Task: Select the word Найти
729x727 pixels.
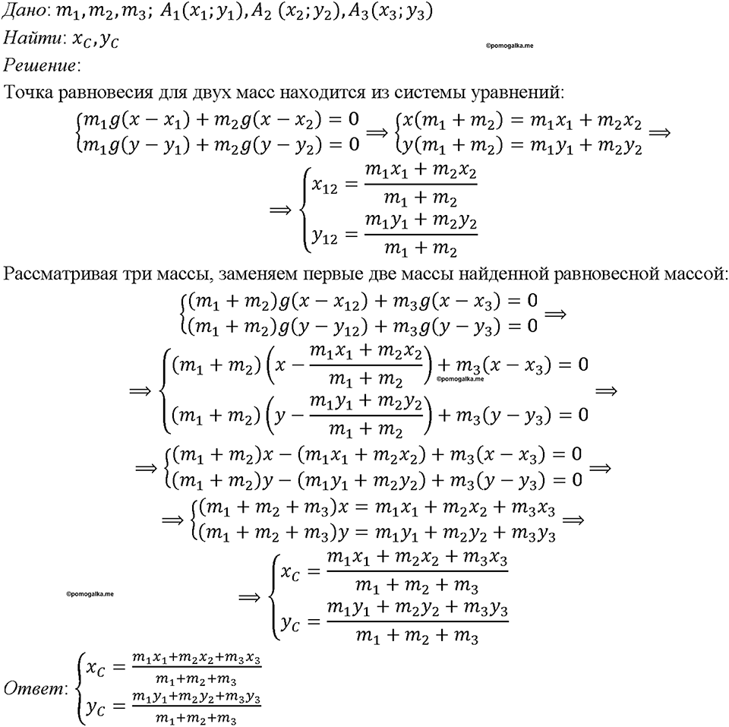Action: click(x=32, y=38)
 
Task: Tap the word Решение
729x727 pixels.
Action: click(x=39, y=65)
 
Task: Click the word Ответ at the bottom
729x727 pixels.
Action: click(x=33, y=688)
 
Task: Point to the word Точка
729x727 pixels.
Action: click(x=28, y=93)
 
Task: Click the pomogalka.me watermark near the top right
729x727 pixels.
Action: click(x=509, y=46)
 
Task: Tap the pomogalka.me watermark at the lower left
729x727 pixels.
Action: click(x=90, y=594)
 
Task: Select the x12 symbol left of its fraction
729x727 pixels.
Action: click(x=324, y=187)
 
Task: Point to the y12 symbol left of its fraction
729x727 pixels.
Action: click(x=324, y=237)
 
